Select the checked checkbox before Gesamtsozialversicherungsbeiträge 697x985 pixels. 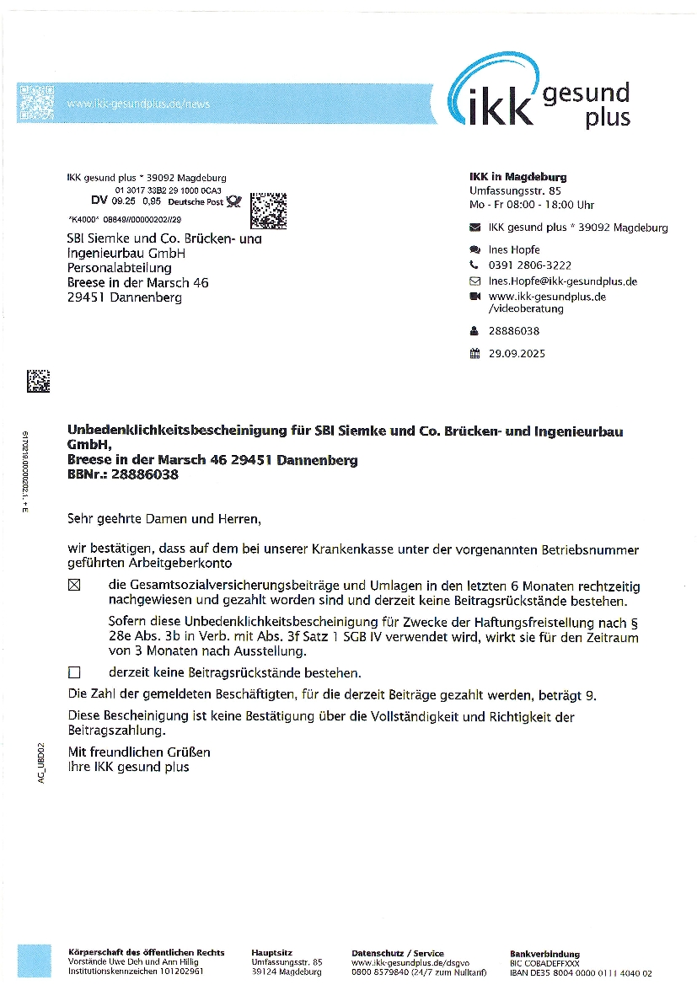74,586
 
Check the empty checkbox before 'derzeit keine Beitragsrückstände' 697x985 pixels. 74,672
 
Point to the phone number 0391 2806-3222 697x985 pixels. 529,265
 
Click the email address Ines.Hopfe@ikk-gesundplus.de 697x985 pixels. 562,281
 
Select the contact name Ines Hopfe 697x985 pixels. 514,250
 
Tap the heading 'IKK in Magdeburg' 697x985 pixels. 517,177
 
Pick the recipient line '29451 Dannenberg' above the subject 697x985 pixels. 124,297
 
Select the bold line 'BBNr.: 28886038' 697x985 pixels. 122,475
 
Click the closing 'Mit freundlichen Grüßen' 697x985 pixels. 139,752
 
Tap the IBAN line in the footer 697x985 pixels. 581,973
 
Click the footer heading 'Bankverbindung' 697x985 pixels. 544,954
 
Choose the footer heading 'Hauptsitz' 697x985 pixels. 271,953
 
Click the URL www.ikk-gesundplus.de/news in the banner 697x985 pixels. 138,104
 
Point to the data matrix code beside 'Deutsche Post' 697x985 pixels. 269,211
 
